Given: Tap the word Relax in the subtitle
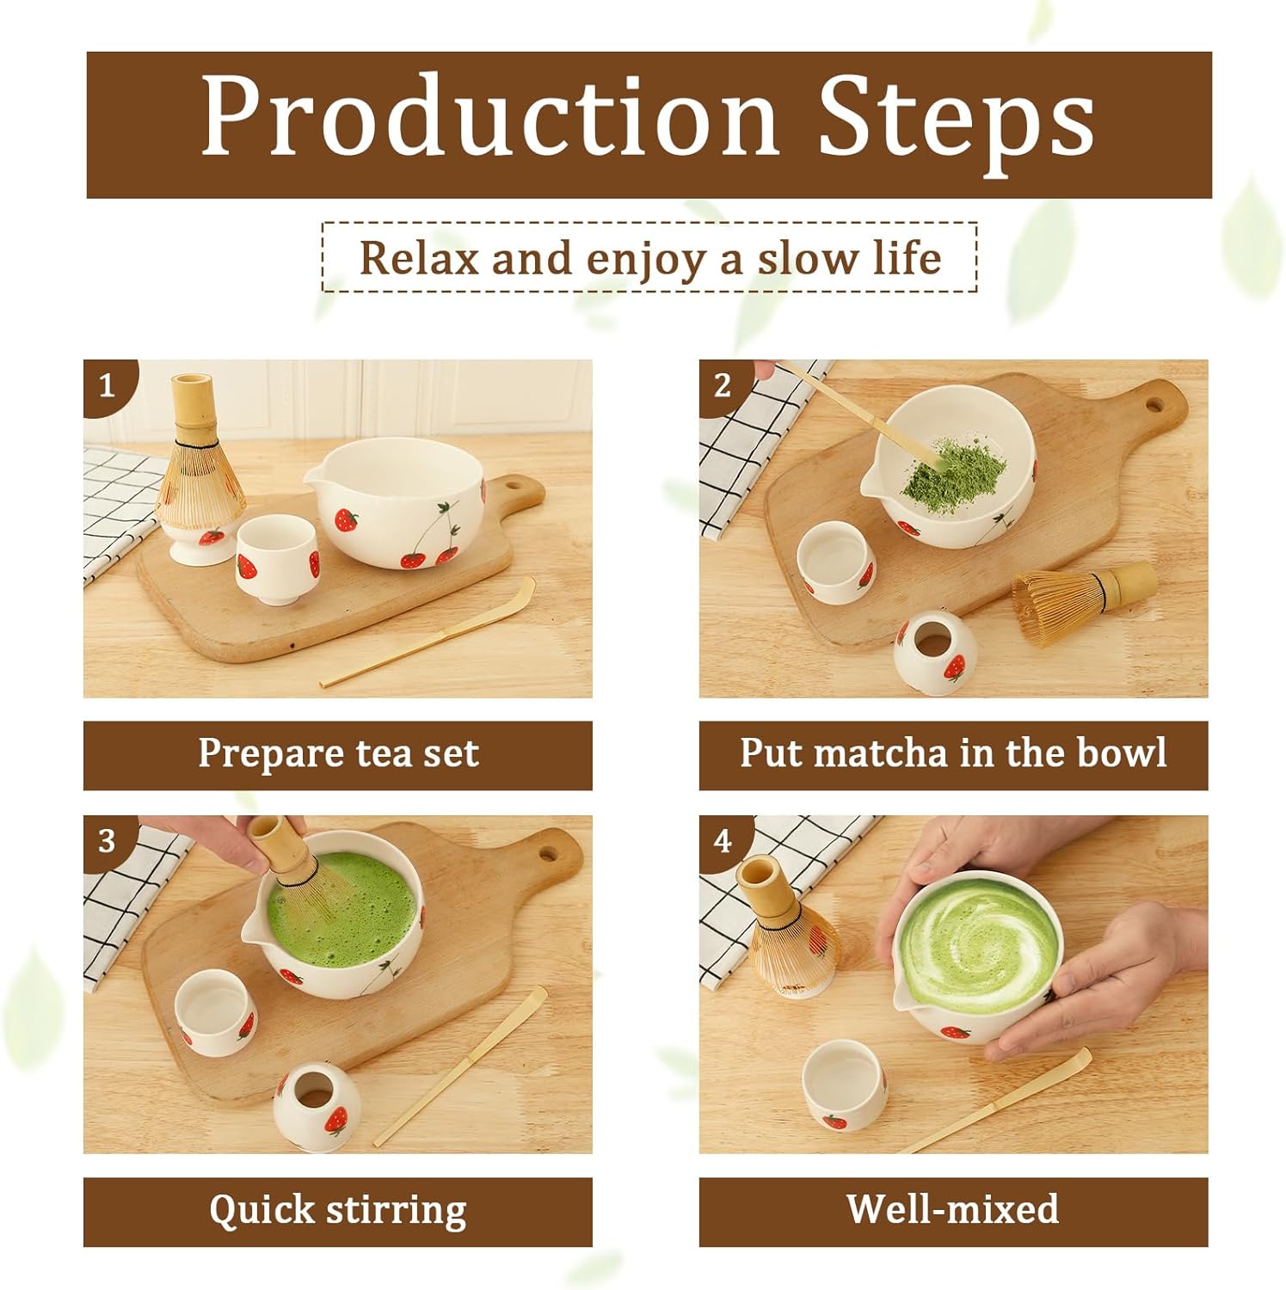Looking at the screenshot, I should point(417,258).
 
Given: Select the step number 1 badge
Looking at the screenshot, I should point(107,385).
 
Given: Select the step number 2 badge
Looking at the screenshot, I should point(723,385).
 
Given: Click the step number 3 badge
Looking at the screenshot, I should point(107,840).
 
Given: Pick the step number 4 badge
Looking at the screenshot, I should point(723,840).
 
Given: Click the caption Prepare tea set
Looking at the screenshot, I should point(338,754).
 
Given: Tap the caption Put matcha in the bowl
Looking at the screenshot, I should point(953,754).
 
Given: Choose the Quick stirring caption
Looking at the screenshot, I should point(338,1210).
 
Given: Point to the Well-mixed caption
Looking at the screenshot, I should point(953,1210).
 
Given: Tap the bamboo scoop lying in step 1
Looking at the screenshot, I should point(430,636).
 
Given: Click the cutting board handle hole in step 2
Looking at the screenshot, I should point(1154,402).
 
